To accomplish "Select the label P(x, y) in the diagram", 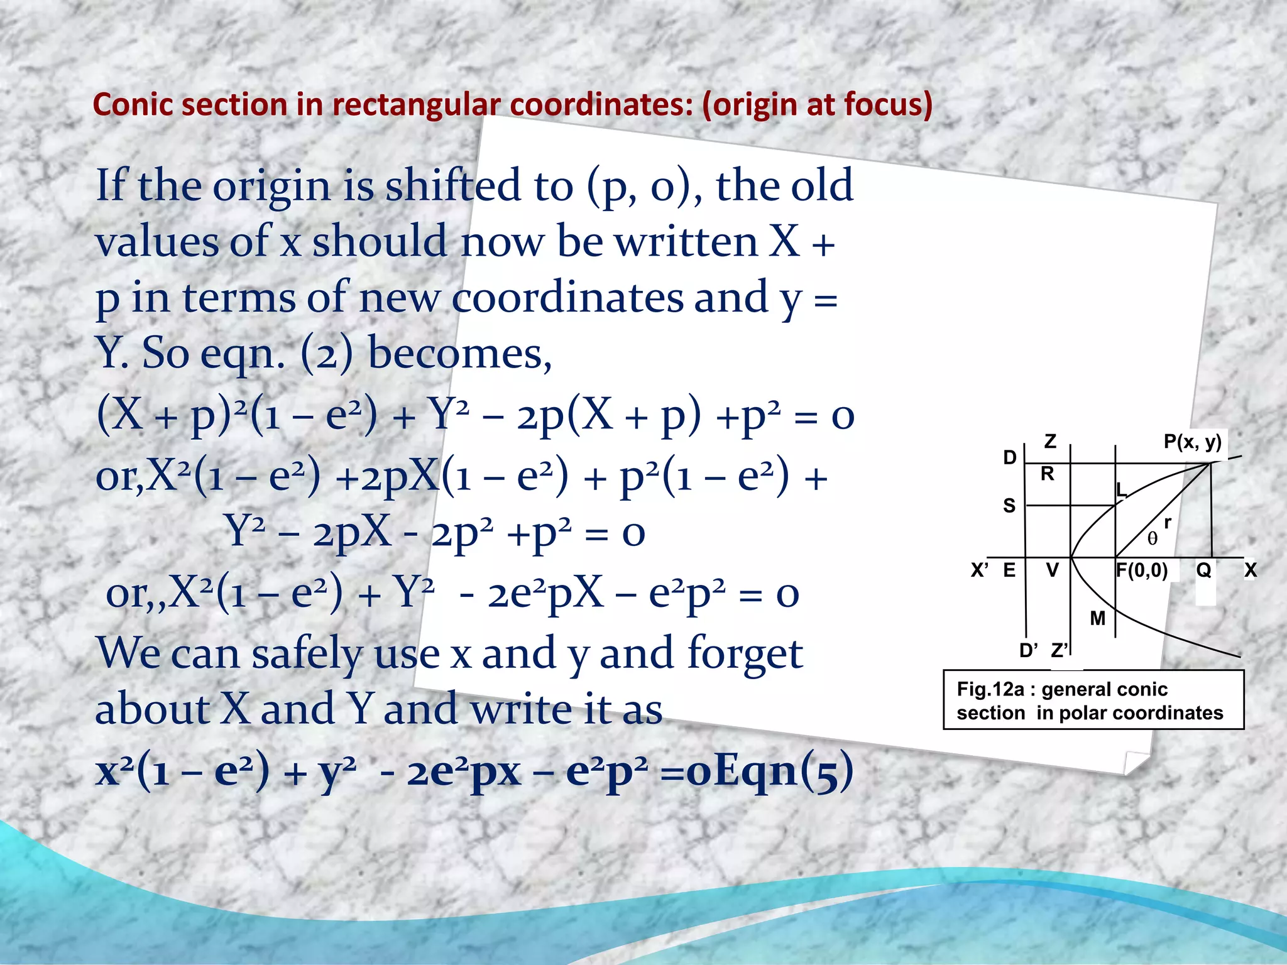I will click(x=1192, y=442).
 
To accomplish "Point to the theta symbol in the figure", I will click(x=1152, y=539).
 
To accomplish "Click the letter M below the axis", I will click(x=1097, y=619).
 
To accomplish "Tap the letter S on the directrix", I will click(x=1009, y=506).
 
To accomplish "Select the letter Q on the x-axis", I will click(x=1203, y=570).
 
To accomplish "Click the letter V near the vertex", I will click(x=1052, y=570).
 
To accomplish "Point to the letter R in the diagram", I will click(x=1047, y=474).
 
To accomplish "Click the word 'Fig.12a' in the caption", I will click(x=990, y=690).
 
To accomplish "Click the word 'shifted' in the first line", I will click(x=453, y=186).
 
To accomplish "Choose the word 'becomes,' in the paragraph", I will click(x=459, y=354).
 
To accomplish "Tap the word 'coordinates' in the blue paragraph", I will click(x=567, y=298).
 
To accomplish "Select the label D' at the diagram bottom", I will click(x=1029, y=651).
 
